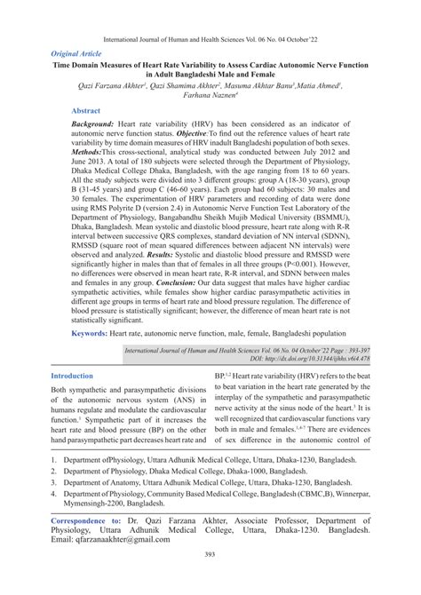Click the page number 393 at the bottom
point(210,578)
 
